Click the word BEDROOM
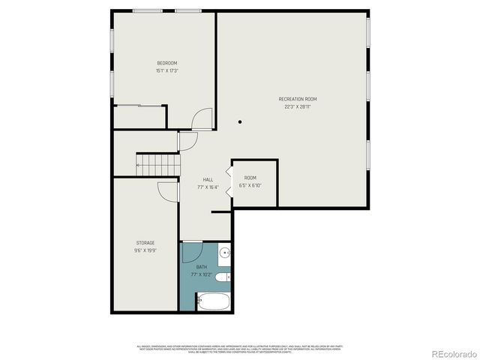point(166,62)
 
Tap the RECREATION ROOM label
point(297,99)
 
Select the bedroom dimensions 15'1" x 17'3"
point(166,70)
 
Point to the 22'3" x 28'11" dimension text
point(297,107)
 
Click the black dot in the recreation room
point(240,121)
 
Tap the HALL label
point(208,179)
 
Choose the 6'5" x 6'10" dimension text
point(250,185)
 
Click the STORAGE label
point(145,243)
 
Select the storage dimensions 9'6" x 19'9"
point(145,250)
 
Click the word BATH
point(202,267)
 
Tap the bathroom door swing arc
point(192,249)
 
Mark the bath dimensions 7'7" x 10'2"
point(202,275)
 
